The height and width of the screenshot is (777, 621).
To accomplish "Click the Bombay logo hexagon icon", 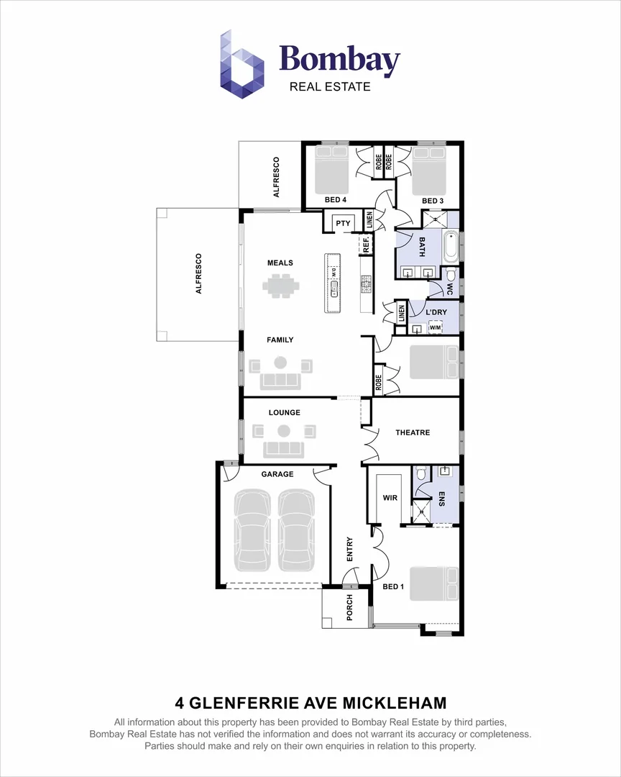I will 242,64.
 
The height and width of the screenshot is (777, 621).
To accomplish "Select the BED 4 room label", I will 335,200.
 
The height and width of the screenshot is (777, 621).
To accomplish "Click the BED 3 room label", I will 432,200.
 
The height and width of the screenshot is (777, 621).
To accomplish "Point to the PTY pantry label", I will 343,224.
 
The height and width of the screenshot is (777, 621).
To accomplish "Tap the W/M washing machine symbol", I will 435,328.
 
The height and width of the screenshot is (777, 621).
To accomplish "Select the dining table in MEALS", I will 280,287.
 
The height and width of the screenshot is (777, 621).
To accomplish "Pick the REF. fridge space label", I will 366,245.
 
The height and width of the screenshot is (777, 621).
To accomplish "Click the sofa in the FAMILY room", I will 281,380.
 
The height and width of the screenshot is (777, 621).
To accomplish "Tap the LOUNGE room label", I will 284,412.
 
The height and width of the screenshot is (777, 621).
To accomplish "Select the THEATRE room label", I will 413,432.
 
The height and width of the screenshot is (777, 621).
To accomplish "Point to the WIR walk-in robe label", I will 390,497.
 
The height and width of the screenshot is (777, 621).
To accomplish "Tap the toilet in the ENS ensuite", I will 421,474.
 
